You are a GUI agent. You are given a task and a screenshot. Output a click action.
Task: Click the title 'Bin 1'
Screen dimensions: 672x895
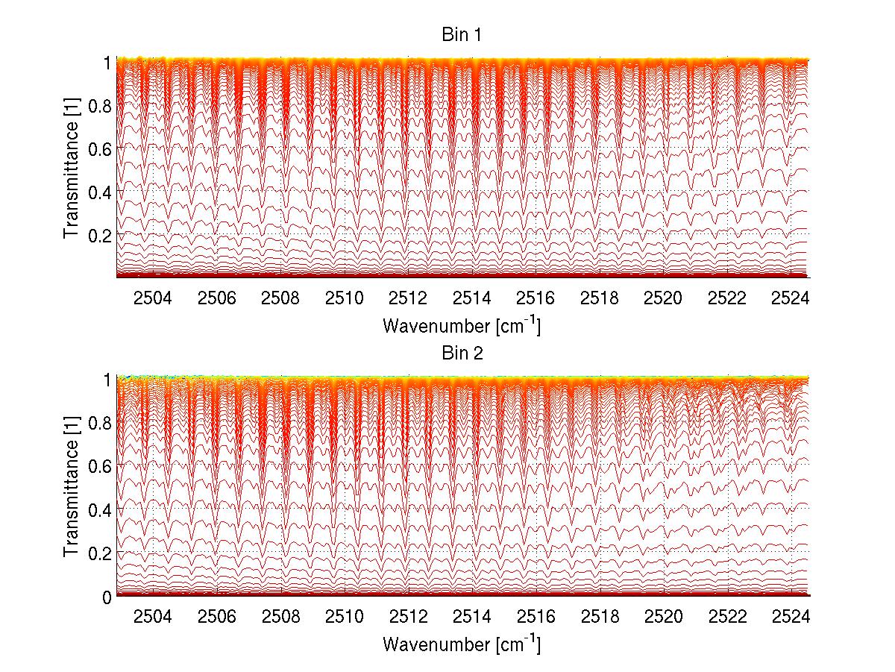462,36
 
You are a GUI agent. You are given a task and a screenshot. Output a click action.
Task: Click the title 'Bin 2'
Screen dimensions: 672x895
462,353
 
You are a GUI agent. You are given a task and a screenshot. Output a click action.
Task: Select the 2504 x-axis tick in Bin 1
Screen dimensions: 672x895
152,298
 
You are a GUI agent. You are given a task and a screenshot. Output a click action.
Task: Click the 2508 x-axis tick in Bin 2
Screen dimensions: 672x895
280,616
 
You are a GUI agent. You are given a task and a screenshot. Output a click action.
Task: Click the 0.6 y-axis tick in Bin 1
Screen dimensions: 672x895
99,148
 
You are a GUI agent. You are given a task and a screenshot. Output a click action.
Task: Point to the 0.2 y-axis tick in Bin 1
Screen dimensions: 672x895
99,235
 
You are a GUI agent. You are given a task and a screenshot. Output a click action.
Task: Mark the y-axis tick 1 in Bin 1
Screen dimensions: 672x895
107,63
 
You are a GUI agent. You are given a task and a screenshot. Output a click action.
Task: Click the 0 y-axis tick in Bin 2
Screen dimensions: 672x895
107,596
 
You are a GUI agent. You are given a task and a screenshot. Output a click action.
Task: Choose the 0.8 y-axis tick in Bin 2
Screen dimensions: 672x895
99,423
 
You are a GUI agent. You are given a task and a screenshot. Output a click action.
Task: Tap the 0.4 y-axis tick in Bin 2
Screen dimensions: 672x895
99,509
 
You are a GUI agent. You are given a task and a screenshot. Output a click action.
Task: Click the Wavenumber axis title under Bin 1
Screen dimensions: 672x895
462,326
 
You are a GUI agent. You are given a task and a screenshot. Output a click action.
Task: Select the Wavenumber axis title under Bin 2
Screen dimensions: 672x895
462,644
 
